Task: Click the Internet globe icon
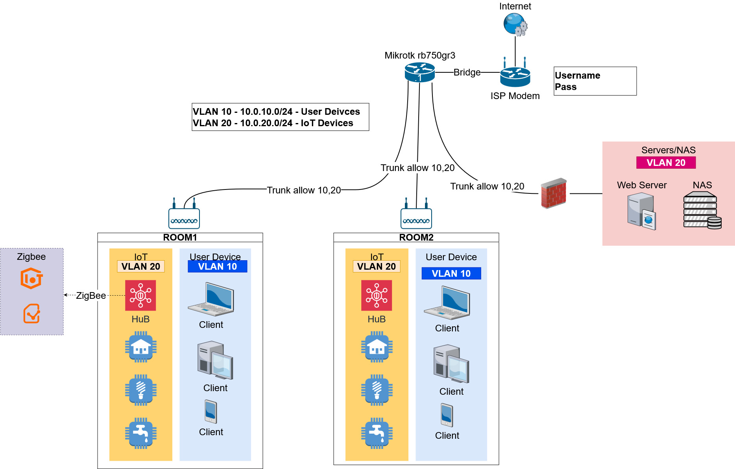pos(515,24)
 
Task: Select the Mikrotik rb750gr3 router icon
pos(420,72)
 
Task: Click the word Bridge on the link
pos(467,72)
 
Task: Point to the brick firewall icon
pos(554,193)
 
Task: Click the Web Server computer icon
pos(641,211)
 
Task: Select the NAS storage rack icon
pos(702,210)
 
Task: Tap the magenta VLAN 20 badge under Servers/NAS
pos(666,163)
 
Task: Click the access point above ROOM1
pos(184,217)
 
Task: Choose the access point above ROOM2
pos(416,217)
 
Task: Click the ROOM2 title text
pos(416,237)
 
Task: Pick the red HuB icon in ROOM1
pos(140,295)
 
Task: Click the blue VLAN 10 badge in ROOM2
pos(451,274)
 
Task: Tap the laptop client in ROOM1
pos(211,300)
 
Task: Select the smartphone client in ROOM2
pos(447,415)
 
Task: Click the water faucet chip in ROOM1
pos(140,433)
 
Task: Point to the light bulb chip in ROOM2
pos(377,390)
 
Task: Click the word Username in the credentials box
pos(577,75)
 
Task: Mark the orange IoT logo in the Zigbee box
pos(31,279)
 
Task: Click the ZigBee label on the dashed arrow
pos(91,296)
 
